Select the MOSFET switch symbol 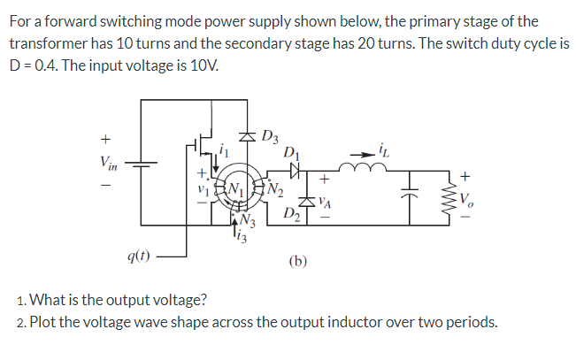(x=202, y=145)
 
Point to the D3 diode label (x=271, y=136)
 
